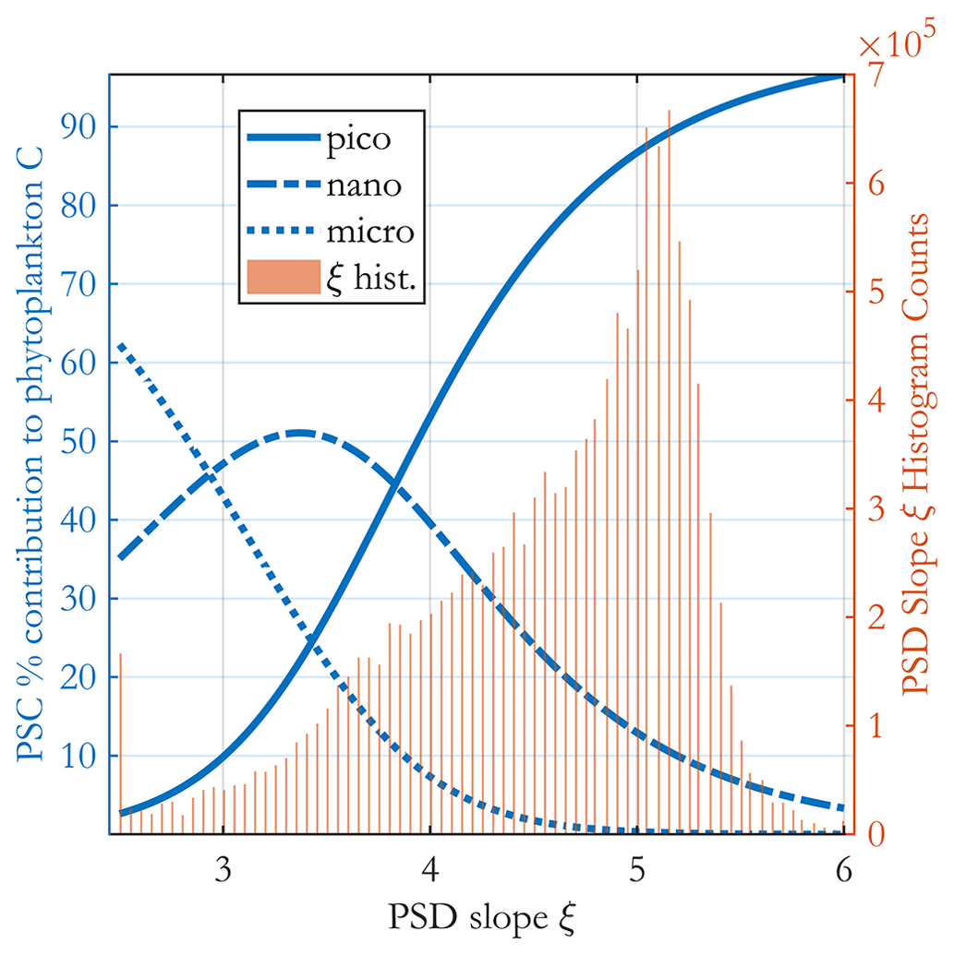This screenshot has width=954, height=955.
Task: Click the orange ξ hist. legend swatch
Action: click(x=282, y=276)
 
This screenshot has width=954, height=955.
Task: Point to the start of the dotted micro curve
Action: click(x=121, y=344)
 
